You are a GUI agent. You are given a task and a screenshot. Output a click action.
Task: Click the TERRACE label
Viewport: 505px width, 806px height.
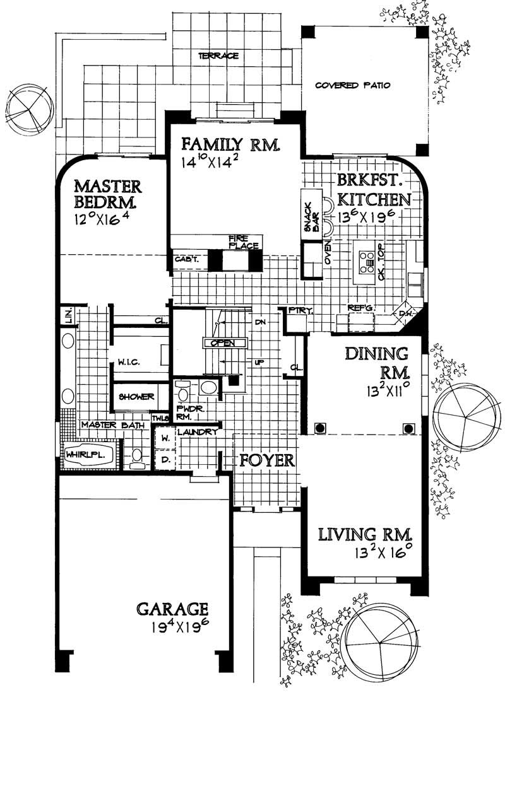tap(218, 56)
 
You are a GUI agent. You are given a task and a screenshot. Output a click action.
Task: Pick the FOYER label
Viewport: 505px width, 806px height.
tap(267, 460)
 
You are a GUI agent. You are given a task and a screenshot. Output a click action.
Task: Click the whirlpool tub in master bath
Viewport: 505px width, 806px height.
tap(88, 454)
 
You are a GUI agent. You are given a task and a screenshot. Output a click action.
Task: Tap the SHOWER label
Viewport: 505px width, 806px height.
tap(137, 397)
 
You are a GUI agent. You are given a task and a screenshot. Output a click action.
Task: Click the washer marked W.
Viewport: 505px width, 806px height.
tap(165, 437)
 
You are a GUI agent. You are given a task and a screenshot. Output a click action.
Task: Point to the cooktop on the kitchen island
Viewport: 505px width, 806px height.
tap(367, 260)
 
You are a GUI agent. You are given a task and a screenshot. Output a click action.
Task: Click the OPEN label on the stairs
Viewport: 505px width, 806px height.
tap(223, 342)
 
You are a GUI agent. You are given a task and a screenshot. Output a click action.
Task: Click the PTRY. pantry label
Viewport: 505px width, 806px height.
tap(295, 311)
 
